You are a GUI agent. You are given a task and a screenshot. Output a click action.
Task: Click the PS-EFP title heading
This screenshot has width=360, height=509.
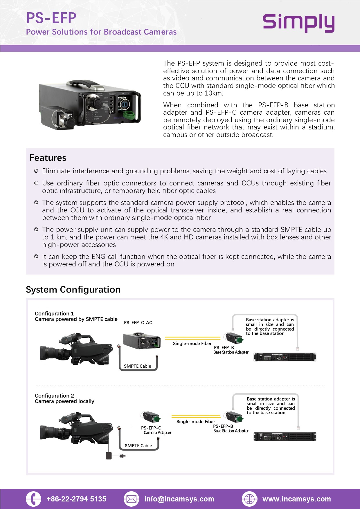click(51, 18)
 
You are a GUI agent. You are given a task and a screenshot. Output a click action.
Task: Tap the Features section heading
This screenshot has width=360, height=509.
click(48, 158)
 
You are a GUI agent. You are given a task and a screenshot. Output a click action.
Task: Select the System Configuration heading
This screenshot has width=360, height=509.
click(73, 290)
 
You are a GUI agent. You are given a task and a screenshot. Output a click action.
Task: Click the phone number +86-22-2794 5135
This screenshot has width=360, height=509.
click(76, 499)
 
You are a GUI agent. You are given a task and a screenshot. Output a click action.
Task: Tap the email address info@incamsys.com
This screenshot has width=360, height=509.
click(179, 499)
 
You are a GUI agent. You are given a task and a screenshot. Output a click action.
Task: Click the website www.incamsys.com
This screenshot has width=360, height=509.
click(296, 499)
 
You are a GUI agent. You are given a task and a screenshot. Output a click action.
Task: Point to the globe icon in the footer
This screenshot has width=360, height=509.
click(249, 499)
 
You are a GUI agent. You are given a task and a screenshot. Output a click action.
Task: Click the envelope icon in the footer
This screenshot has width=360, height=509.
click(131, 499)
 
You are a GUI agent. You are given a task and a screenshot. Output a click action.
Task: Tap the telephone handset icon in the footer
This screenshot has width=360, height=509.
click(33, 499)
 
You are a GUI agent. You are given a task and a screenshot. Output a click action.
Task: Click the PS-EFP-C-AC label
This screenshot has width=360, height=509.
click(138, 323)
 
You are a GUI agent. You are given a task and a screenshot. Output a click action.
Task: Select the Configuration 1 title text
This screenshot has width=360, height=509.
click(54, 314)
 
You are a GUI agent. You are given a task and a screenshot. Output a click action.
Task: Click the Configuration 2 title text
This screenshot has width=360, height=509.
click(54, 396)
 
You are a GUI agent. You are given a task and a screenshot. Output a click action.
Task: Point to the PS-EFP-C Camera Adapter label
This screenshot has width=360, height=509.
click(156, 430)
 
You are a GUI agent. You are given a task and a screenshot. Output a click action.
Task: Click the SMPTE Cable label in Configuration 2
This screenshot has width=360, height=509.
click(138, 446)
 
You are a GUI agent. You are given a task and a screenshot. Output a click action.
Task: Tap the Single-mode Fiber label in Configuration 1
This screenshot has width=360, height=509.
click(192, 344)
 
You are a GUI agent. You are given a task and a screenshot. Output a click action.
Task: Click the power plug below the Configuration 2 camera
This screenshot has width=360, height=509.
click(122, 456)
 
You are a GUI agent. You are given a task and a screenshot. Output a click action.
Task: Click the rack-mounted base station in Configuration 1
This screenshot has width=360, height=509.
click(285, 357)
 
